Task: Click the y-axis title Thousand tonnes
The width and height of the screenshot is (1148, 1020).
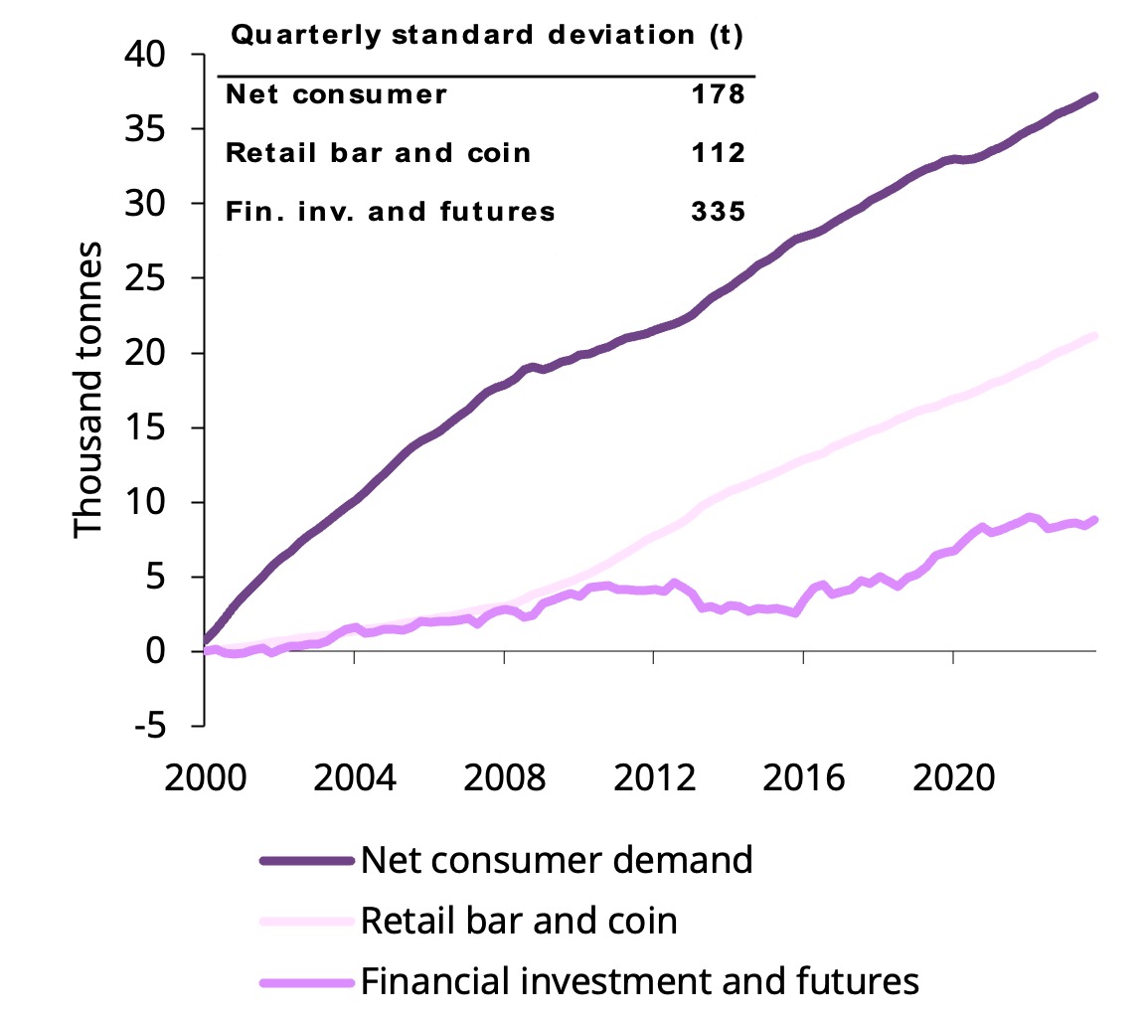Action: pyautogui.click(x=88, y=388)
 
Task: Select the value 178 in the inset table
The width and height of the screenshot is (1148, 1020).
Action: pyautogui.click(x=717, y=95)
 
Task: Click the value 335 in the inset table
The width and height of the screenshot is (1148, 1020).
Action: pyautogui.click(x=717, y=212)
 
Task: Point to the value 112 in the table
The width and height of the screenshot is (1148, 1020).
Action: pyautogui.click(x=717, y=153)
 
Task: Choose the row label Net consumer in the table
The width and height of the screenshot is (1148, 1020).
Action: pyautogui.click(x=337, y=95)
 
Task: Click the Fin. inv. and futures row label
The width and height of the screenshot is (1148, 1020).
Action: pyautogui.click(x=391, y=212)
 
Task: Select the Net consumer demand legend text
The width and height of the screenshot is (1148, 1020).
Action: pyautogui.click(x=557, y=859)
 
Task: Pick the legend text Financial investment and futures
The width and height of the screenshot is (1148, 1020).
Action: pyautogui.click(x=639, y=982)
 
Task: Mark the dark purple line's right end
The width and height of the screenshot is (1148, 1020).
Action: pyautogui.click(x=1094, y=96)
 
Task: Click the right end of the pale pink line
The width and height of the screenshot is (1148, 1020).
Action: pyautogui.click(x=1094, y=336)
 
